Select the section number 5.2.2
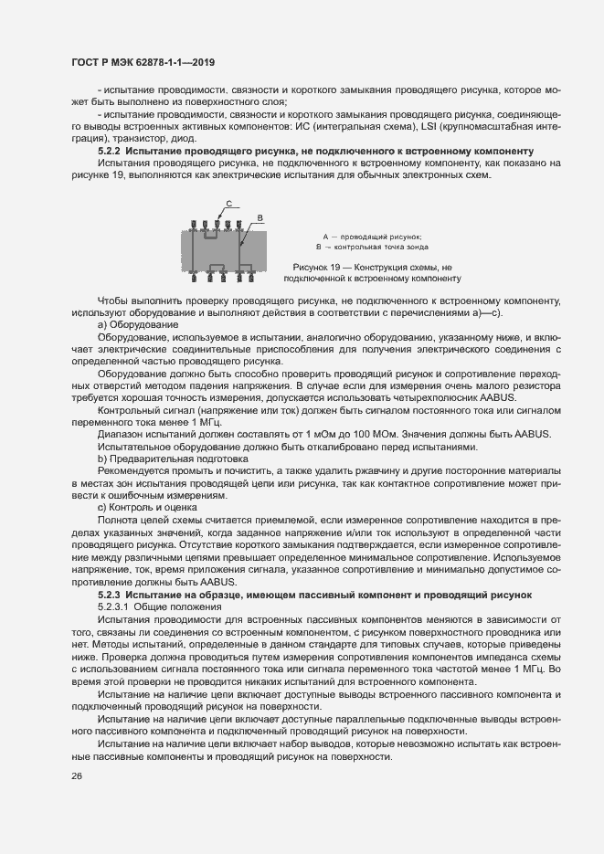pos(109,149)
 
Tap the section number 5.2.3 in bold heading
pos(109,595)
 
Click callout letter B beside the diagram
pos(260,217)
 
